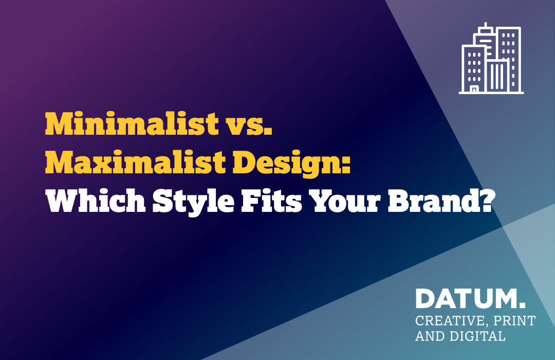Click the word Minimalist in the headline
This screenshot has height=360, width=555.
[132, 123]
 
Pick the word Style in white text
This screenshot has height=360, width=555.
[193, 202]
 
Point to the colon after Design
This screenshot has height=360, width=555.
[346, 165]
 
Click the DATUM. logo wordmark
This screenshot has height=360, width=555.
[470, 298]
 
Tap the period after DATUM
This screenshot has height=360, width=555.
[522, 305]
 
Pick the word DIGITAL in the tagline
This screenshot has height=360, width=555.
[477, 336]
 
